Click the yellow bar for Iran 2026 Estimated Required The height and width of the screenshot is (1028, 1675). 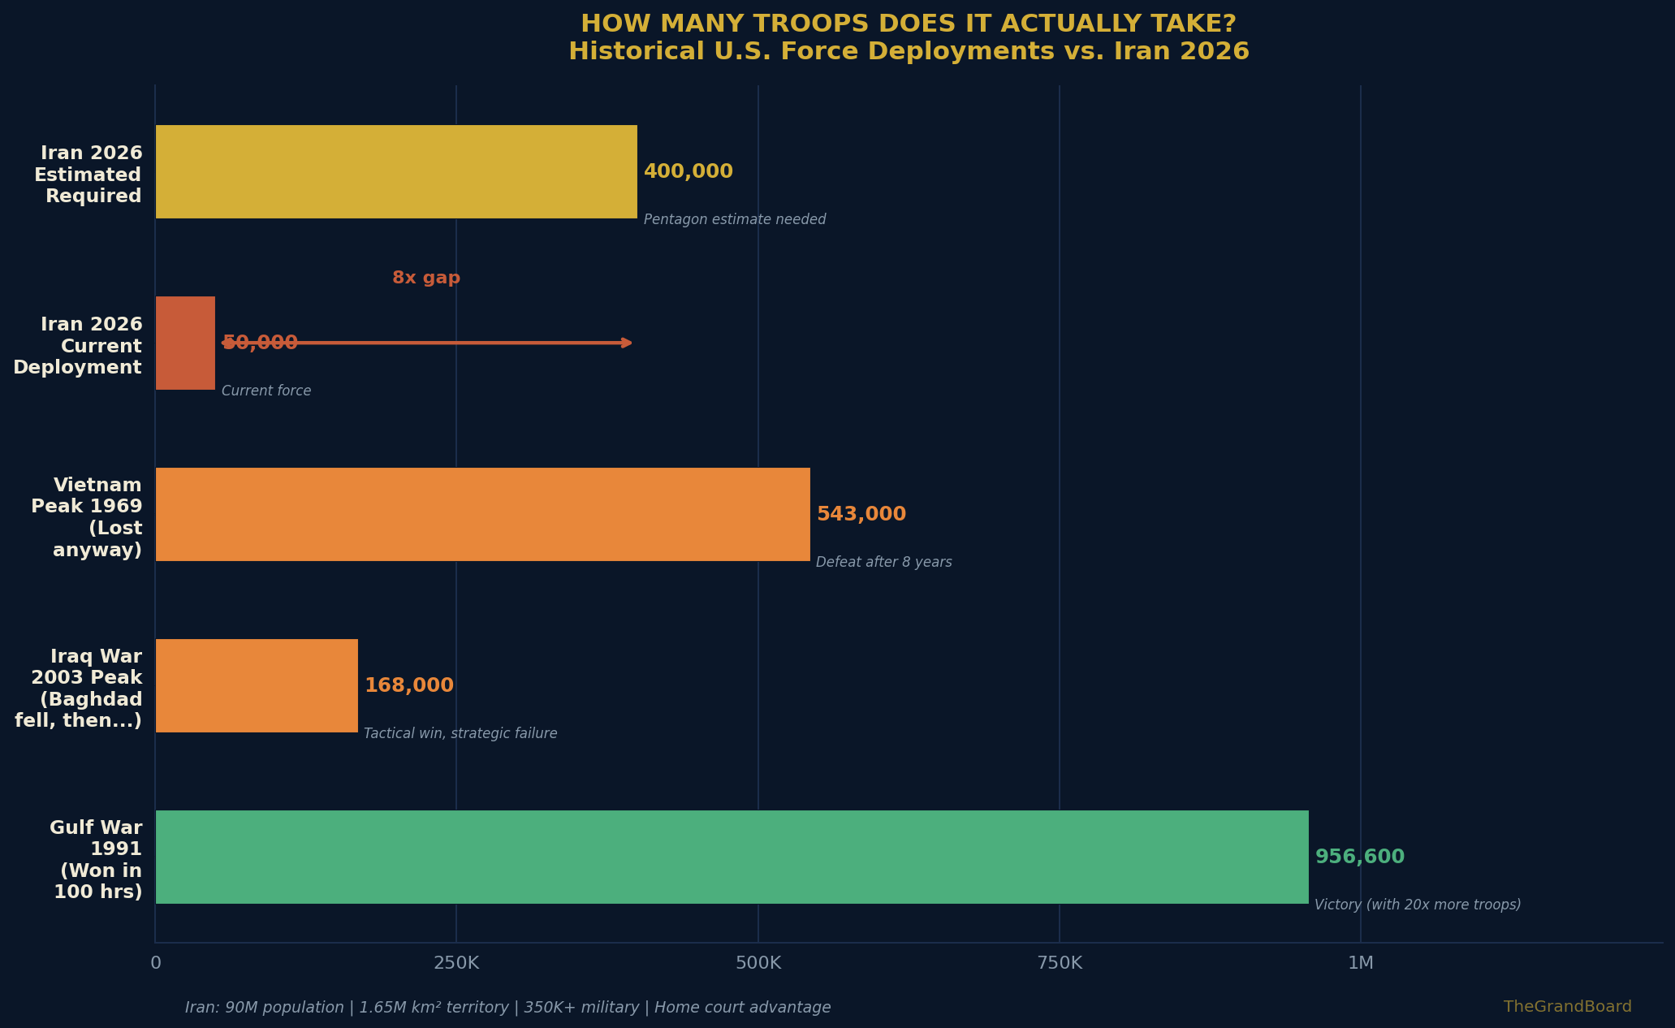point(396,171)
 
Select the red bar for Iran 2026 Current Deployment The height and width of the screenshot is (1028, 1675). point(185,343)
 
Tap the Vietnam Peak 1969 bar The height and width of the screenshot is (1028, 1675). point(482,514)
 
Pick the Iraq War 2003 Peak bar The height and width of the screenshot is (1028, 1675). point(257,685)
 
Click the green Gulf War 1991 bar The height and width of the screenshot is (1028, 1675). point(732,857)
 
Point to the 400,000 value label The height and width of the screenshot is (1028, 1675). point(688,172)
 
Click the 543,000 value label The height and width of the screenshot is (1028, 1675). point(861,515)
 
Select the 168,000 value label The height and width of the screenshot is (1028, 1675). point(408,686)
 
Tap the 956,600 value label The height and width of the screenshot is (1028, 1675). point(1359,857)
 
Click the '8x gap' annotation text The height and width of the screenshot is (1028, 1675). point(426,279)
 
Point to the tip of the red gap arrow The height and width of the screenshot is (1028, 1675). point(630,343)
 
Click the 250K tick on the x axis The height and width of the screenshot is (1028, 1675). point(456,964)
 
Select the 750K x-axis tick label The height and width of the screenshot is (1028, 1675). point(1060,964)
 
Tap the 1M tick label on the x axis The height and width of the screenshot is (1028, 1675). point(1361,964)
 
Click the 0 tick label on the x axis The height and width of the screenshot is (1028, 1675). point(156,964)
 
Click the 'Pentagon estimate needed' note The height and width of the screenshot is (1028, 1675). point(735,220)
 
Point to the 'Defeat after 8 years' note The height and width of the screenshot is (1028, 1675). point(883,563)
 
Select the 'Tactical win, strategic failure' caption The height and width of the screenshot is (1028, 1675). point(460,734)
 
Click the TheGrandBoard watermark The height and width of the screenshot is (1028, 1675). point(1567,1007)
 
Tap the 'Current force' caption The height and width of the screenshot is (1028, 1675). point(266,391)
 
